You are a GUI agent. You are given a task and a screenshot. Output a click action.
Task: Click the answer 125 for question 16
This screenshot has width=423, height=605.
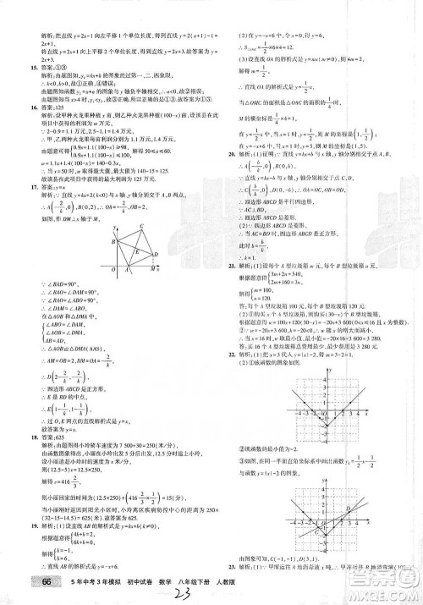66,108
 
